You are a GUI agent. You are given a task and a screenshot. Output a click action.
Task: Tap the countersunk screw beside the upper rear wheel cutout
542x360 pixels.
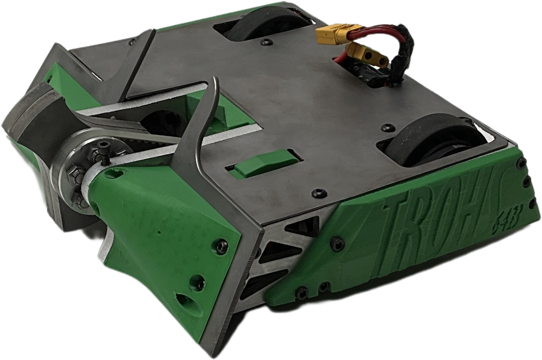[x=266, y=42]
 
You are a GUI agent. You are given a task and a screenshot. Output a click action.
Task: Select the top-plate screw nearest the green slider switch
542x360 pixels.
[x=319, y=192]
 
